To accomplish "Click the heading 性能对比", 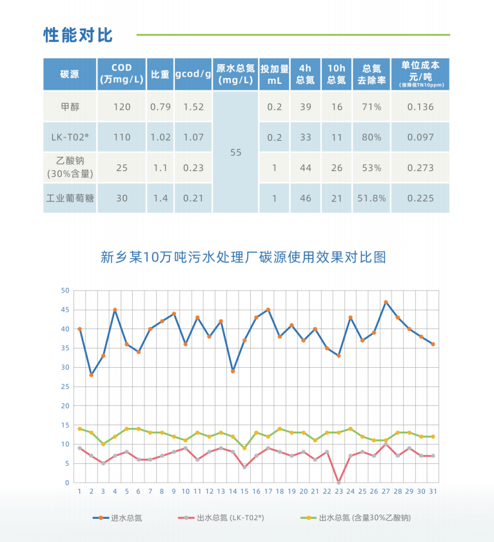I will (77, 35).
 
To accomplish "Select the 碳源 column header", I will (69, 74).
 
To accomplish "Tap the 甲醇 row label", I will (69, 106).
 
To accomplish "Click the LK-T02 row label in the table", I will (69, 137).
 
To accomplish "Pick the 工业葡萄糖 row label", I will (69, 198).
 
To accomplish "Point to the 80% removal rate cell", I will (371, 137).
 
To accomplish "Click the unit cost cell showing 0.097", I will (420, 137).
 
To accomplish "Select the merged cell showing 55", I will (235, 152).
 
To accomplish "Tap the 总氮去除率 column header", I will (371, 74).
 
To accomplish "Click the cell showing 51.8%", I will (371, 198).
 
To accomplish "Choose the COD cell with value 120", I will (122, 106).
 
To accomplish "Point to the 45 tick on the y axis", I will (64, 310).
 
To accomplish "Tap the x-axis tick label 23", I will (339, 491).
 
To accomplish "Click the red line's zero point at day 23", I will (339, 482).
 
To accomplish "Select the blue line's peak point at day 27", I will (386, 302).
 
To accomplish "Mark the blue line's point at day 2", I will (92, 375).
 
